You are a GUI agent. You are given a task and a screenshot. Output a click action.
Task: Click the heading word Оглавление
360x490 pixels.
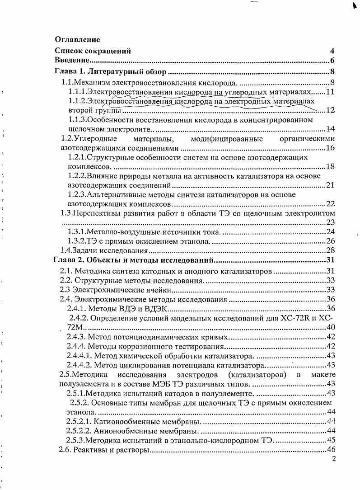click(77, 40)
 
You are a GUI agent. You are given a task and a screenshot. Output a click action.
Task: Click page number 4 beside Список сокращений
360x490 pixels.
click(332, 51)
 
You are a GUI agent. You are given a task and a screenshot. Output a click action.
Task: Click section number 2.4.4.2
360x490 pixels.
click(79, 365)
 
